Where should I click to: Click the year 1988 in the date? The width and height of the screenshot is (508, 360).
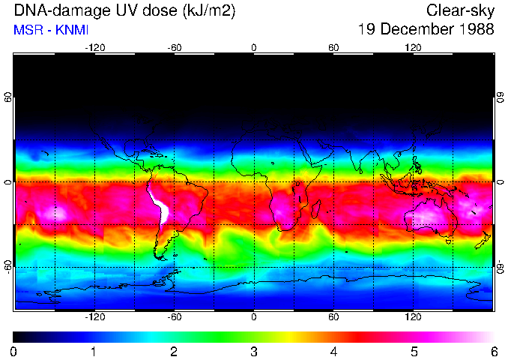(474, 29)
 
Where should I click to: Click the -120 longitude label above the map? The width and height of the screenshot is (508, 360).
(94, 48)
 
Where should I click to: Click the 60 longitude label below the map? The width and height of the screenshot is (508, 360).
(334, 317)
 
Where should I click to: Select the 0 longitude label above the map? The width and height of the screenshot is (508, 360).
(254, 48)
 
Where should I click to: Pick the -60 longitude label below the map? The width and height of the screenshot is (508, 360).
(174, 317)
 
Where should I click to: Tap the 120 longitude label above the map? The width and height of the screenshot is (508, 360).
(414, 48)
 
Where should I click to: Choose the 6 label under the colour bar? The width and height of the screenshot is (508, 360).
(494, 351)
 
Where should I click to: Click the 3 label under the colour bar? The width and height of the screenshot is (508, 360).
(254, 351)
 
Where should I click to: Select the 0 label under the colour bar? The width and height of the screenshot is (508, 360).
(14, 351)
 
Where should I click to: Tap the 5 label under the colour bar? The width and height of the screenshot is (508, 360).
(414, 351)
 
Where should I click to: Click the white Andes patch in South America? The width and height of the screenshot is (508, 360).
(160, 205)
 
